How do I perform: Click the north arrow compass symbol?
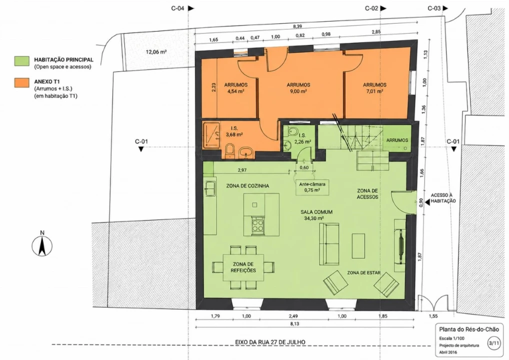click(42, 245)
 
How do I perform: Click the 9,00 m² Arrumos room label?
click(298, 88)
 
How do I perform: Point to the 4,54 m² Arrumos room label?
click(235, 88)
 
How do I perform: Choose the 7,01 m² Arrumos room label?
click(374, 88)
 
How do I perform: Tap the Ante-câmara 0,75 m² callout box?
click(312, 187)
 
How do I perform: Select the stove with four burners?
click(257, 224)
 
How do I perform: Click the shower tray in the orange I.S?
click(211, 134)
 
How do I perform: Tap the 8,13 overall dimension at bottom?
click(294, 323)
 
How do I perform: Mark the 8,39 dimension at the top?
click(297, 26)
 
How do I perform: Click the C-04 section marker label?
click(177, 8)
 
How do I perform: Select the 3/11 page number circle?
click(493, 343)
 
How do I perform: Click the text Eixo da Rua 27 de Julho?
click(270, 342)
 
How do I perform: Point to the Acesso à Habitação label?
click(443, 198)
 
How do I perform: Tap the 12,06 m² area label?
click(156, 51)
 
